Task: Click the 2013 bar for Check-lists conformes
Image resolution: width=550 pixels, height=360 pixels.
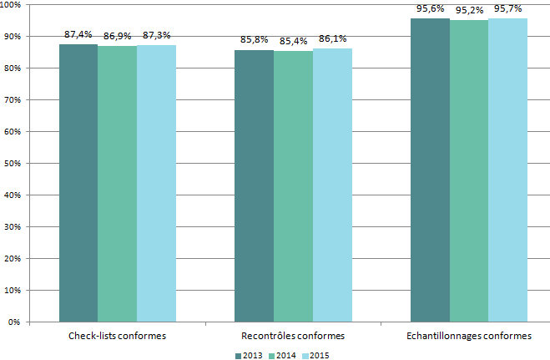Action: click(78, 183)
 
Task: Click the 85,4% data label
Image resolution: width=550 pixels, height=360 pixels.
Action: click(293, 41)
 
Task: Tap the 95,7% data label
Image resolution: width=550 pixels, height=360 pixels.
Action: click(507, 8)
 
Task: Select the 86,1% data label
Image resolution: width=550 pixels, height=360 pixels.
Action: click(332, 38)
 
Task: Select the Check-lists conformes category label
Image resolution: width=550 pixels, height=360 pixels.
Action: click(117, 336)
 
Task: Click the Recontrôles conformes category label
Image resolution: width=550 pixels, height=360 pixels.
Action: click(293, 336)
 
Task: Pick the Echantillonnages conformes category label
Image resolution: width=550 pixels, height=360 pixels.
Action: click(469, 336)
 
